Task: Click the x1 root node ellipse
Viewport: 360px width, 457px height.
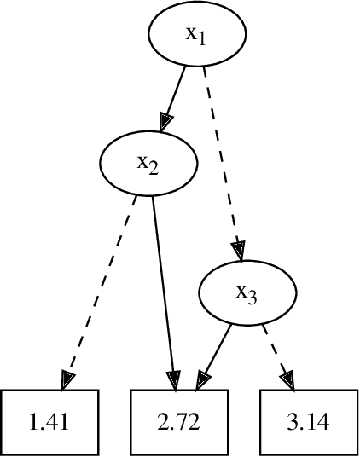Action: pyautogui.click(x=198, y=35)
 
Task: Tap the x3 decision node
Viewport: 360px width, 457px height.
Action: pyautogui.click(x=247, y=292)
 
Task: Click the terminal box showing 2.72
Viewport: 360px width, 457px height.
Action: pyautogui.click(x=181, y=421)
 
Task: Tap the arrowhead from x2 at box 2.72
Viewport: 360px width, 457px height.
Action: pyautogui.click(x=175, y=379)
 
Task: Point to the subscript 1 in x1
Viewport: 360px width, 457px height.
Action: pyautogui.click(x=203, y=39)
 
